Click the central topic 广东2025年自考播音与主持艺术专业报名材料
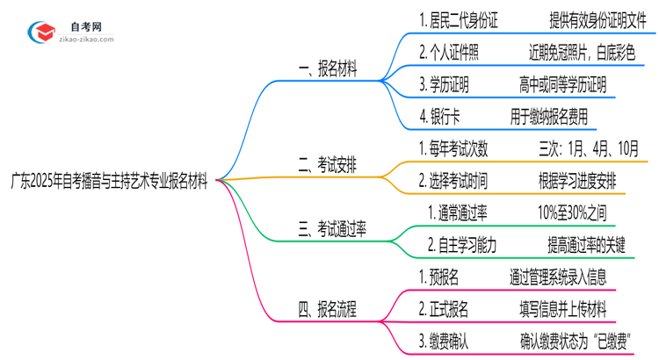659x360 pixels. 110,182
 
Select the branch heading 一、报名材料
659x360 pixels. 329,71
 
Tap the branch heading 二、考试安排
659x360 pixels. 329,163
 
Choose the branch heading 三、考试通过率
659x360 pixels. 333,228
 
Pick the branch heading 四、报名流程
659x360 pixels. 327,308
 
